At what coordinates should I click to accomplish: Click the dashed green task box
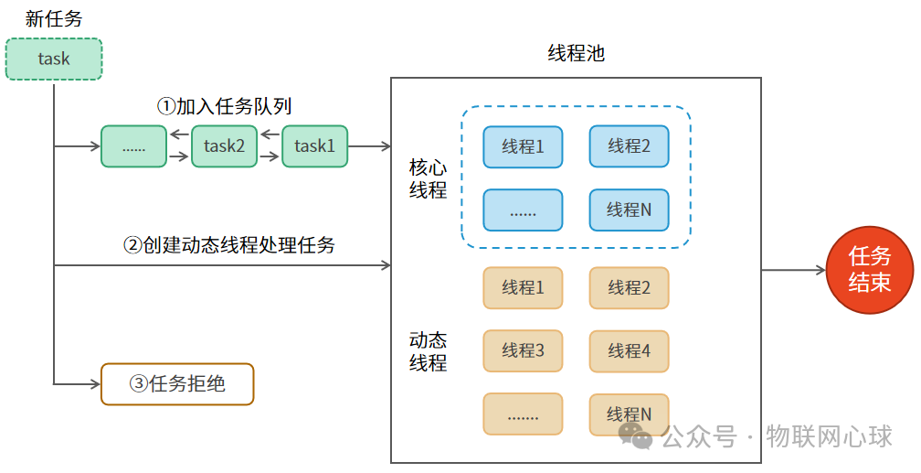point(54,59)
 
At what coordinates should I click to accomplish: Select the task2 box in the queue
point(225,146)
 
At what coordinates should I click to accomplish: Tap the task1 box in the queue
point(315,146)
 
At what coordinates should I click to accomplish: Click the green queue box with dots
point(134,146)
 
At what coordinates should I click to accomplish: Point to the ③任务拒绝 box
point(176,384)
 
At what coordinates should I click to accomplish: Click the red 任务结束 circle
point(869,270)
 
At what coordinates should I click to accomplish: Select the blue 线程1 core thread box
point(523,146)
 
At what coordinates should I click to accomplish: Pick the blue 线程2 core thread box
point(629,146)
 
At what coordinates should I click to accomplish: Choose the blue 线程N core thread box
point(629,210)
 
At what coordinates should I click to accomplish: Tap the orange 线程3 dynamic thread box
point(523,350)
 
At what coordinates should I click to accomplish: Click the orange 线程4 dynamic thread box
point(629,350)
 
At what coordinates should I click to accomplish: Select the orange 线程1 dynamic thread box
point(523,287)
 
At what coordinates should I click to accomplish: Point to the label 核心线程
point(428,179)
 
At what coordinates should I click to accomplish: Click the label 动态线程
point(428,351)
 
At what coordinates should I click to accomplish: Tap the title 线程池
point(576,53)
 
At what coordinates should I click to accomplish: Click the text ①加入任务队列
point(224,107)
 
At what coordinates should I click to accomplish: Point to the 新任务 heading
point(54,19)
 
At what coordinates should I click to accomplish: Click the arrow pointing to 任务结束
point(793,270)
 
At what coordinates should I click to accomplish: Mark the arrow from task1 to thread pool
point(370,146)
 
